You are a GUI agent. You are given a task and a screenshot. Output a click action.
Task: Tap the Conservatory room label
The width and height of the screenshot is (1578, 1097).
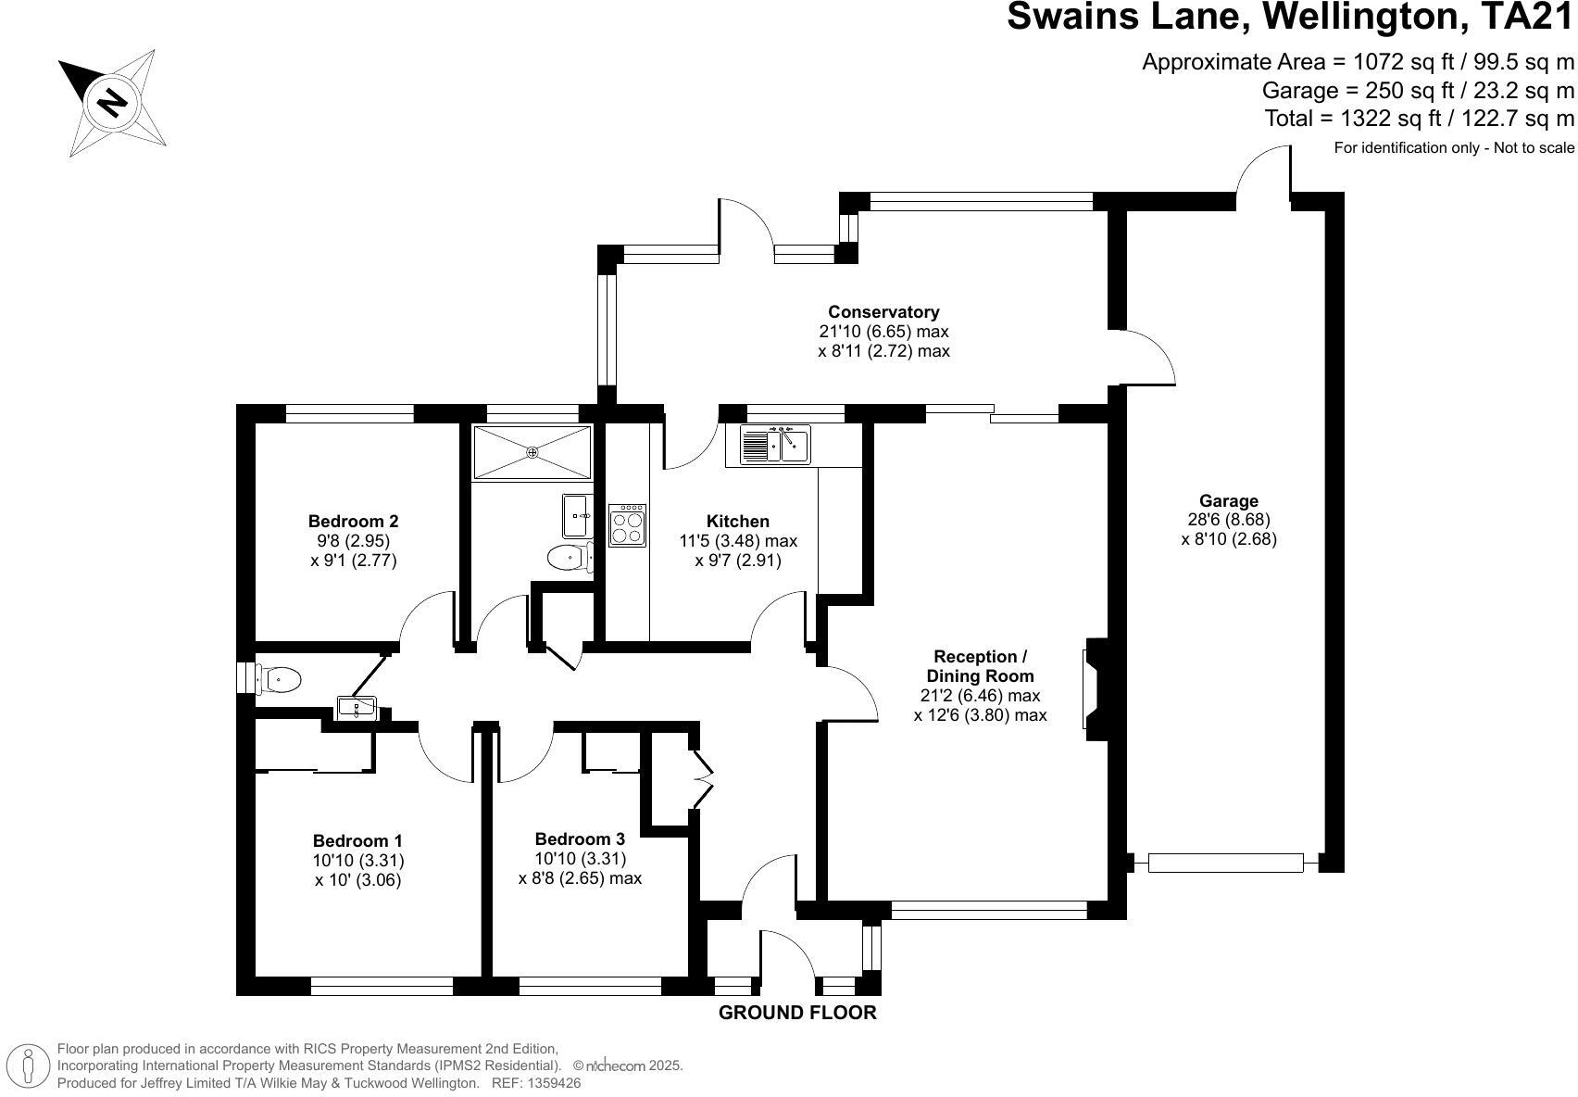click(x=883, y=312)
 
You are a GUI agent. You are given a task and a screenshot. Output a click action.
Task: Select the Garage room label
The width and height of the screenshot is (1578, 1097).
click(x=1229, y=501)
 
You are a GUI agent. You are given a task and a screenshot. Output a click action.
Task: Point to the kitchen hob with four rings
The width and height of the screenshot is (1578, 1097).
click(x=627, y=525)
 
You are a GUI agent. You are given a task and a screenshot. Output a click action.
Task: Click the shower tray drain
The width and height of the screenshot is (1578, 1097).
click(x=532, y=452)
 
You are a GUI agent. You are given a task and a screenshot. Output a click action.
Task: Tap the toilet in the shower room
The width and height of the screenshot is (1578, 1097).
click(x=568, y=558)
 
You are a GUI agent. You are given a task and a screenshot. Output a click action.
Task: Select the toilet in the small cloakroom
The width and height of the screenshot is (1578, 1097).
click(x=278, y=679)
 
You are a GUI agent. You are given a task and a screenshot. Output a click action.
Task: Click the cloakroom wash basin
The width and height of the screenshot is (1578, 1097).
click(x=357, y=708)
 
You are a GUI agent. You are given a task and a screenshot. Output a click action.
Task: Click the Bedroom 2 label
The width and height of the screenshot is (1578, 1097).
click(x=353, y=521)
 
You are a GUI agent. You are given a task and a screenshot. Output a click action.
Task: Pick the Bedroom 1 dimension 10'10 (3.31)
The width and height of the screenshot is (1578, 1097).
click(x=357, y=861)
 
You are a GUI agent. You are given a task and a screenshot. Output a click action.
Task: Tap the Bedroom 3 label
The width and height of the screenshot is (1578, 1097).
click(x=580, y=839)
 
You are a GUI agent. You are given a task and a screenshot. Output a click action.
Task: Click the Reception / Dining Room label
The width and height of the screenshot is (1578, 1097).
click(x=980, y=666)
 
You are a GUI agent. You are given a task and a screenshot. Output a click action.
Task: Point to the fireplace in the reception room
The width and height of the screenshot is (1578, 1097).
click(x=1094, y=688)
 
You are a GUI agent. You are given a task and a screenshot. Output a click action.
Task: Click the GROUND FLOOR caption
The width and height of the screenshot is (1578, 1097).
click(x=797, y=1013)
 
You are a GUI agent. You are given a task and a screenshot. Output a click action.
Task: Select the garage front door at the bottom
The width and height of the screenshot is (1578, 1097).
click(x=1225, y=863)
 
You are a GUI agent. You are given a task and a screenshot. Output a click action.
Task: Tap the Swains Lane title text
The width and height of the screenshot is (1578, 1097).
click(x=1289, y=18)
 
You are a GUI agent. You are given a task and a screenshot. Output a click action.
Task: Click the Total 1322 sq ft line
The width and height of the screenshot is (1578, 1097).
click(x=1419, y=119)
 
